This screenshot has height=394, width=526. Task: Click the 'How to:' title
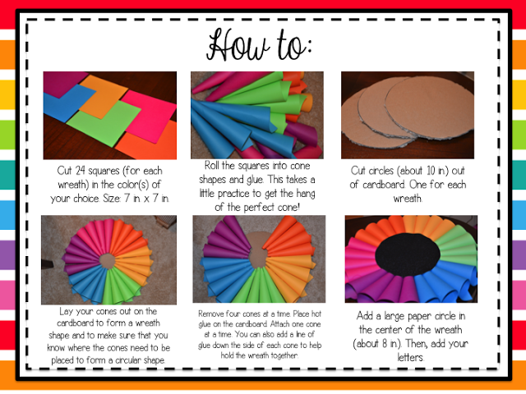[x=259, y=45]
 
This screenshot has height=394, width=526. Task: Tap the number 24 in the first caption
[x=80, y=171]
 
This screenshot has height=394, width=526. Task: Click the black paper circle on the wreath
[x=408, y=254]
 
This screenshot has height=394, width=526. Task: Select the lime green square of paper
[x=104, y=123]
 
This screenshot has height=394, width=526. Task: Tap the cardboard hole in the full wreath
[x=108, y=261]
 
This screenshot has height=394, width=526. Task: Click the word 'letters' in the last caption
[x=411, y=357]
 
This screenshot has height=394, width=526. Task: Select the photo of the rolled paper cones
[x=257, y=115]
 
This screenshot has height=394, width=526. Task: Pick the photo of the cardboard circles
[x=408, y=115]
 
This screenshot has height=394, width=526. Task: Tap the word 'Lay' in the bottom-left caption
[x=66, y=312]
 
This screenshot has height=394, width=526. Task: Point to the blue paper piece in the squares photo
[x=68, y=102]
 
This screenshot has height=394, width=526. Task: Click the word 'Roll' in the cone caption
[x=212, y=166]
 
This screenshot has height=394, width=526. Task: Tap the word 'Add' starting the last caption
[x=364, y=315]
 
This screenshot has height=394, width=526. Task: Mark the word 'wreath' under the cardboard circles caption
[x=408, y=199]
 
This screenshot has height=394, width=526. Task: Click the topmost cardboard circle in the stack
[x=430, y=108]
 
